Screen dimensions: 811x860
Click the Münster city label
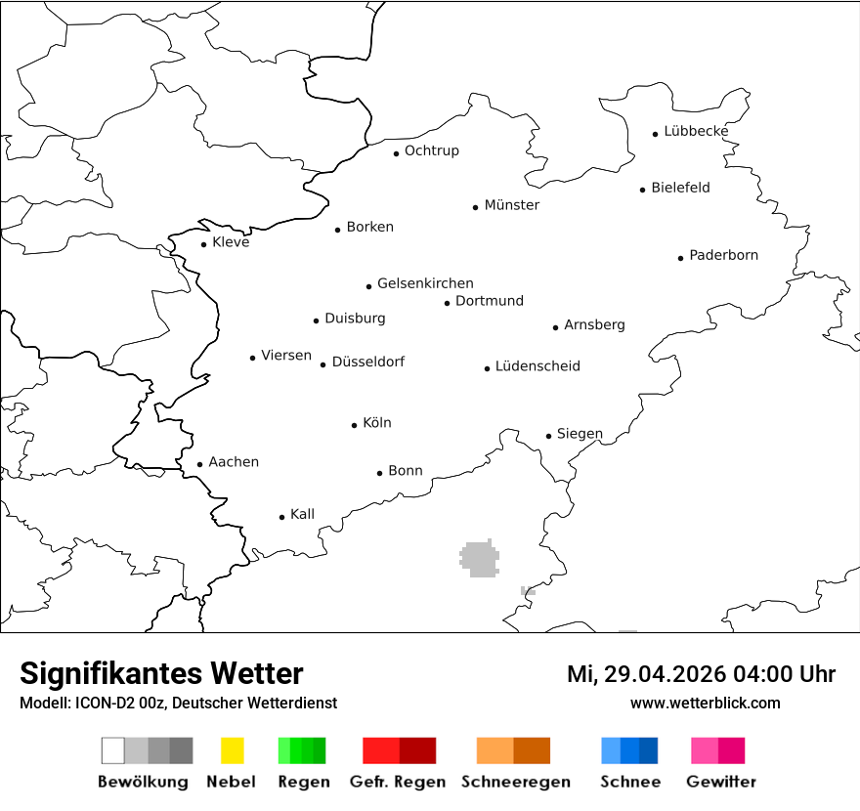click(511, 205)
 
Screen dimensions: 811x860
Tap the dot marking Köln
click(355, 425)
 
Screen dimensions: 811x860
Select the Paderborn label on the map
click(723, 256)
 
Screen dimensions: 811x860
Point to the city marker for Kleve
click(203, 244)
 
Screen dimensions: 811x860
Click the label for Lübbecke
click(696, 131)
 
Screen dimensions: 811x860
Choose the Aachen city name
click(234, 462)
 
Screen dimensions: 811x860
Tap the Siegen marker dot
click(548, 436)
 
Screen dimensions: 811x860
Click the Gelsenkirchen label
click(425, 283)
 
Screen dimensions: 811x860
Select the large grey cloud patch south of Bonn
click(479, 558)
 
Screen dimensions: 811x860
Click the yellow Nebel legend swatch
click(232, 750)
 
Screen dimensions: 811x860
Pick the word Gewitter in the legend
click(721, 782)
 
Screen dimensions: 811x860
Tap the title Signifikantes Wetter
click(161, 673)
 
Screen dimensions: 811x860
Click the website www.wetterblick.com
click(706, 703)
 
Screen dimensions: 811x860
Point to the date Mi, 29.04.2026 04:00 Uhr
click(701, 674)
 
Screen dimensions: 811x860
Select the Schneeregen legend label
click(515, 782)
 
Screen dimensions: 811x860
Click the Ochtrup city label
click(431, 150)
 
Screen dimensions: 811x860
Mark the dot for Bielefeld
click(642, 190)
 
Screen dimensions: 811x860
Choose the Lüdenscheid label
click(537, 366)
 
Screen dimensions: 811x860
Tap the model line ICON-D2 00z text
click(178, 703)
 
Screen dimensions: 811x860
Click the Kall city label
click(302, 514)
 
